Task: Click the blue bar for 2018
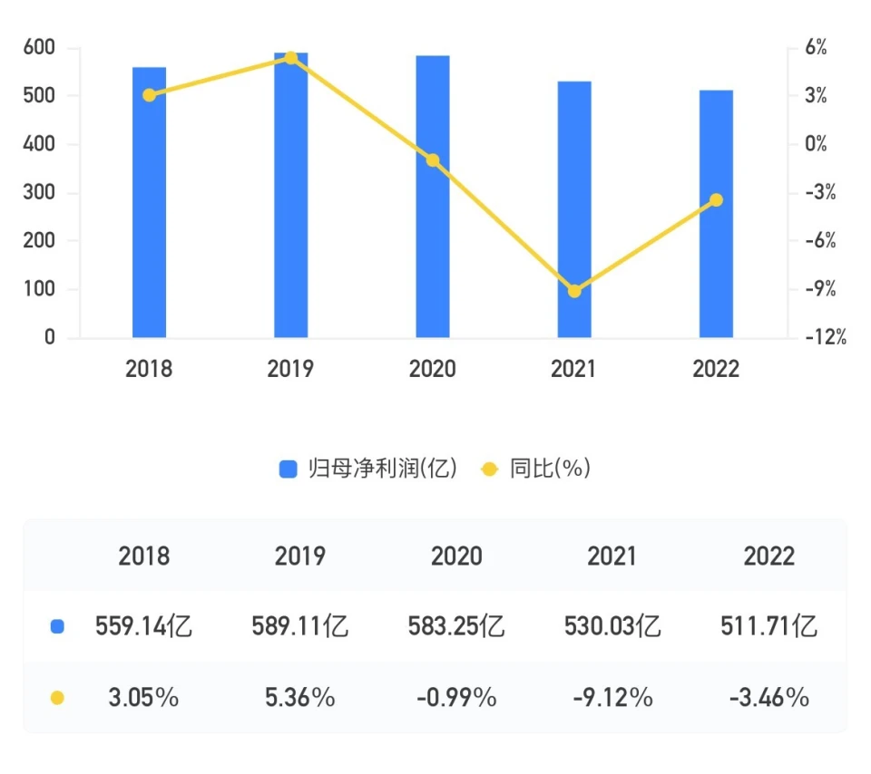click(149, 203)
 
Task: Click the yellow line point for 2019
click(291, 58)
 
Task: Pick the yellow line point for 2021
click(574, 291)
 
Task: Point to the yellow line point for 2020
click(433, 160)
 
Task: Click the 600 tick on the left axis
click(39, 47)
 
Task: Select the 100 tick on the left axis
click(39, 290)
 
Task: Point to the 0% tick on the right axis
click(816, 144)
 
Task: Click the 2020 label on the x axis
click(433, 369)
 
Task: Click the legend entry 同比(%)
click(536, 469)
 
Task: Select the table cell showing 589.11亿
click(300, 626)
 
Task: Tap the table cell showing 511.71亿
click(768, 626)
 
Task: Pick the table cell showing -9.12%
click(612, 698)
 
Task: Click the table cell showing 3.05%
click(143, 698)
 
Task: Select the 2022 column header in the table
click(768, 556)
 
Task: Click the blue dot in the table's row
click(57, 626)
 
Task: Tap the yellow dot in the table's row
click(57, 698)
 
